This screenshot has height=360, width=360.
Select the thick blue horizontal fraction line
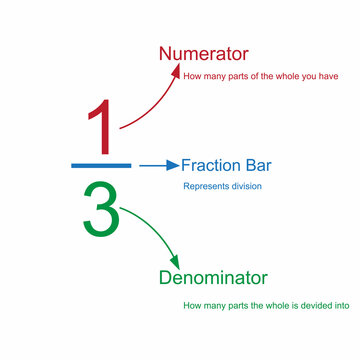(101, 164)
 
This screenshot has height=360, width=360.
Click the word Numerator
(204, 53)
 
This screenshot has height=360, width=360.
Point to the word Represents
(205, 186)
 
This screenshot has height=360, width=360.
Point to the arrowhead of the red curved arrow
(177, 69)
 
